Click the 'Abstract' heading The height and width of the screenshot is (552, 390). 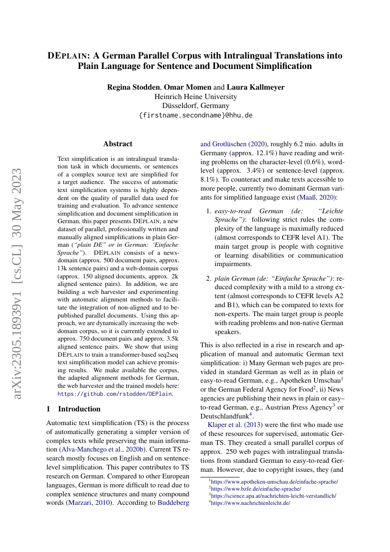pos(118,144)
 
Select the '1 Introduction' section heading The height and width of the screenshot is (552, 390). pos(74,409)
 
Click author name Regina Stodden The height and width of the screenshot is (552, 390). pos(133,87)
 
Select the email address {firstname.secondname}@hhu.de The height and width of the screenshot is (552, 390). pos(196,115)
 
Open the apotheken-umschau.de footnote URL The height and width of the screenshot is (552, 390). pos(274,482)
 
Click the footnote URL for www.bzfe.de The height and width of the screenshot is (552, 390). pos(256,489)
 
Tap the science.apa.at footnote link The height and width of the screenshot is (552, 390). pos(274,496)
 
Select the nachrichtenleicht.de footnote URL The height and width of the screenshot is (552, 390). pos(251,503)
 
